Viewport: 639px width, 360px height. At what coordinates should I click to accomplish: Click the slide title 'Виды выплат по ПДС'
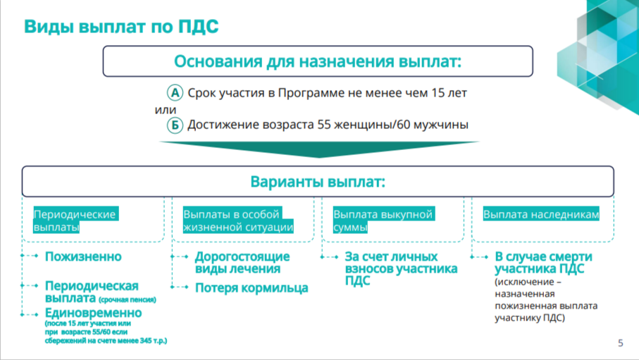[121, 27]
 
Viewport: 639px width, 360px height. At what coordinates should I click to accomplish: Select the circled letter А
[175, 93]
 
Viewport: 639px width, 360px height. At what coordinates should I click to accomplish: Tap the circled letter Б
[175, 125]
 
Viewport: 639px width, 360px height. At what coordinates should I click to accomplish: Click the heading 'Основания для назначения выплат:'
[318, 61]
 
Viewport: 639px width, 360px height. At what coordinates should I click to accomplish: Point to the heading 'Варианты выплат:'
[318, 182]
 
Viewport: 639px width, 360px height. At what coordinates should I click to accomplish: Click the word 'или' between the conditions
[166, 110]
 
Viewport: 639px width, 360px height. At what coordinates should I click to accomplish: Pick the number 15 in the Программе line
[438, 93]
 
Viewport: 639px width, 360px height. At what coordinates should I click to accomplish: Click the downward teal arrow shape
[318, 149]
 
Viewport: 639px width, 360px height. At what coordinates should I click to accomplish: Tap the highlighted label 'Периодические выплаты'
[76, 221]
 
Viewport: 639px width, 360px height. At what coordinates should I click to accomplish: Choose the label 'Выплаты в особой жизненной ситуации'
[238, 221]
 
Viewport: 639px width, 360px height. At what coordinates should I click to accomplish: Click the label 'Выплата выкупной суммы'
[383, 221]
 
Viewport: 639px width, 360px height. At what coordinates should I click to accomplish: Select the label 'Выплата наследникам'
[541, 214]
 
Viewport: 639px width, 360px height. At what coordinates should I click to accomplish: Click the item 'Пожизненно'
[83, 256]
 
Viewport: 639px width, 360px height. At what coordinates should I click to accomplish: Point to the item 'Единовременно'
[93, 313]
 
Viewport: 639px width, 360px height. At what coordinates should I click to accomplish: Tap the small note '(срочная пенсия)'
[127, 299]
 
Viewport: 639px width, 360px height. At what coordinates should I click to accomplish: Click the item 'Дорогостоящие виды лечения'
[242, 263]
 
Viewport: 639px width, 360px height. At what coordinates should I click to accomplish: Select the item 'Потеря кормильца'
[252, 288]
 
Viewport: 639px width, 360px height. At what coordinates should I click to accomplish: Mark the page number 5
[620, 343]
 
